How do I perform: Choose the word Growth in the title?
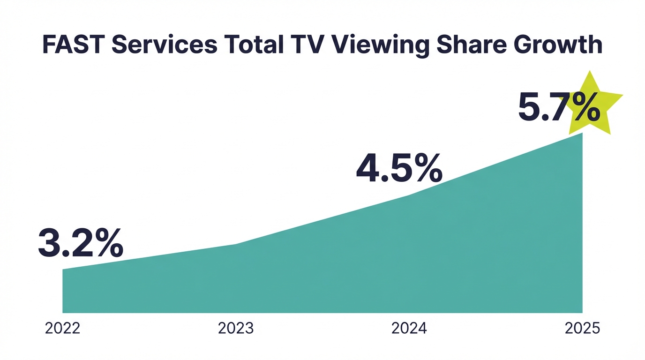(x=558, y=45)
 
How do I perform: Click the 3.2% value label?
(x=80, y=243)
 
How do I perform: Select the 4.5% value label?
(x=398, y=168)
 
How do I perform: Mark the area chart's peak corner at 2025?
(x=582, y=133)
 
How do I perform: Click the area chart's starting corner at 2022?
(x=63, y=270)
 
